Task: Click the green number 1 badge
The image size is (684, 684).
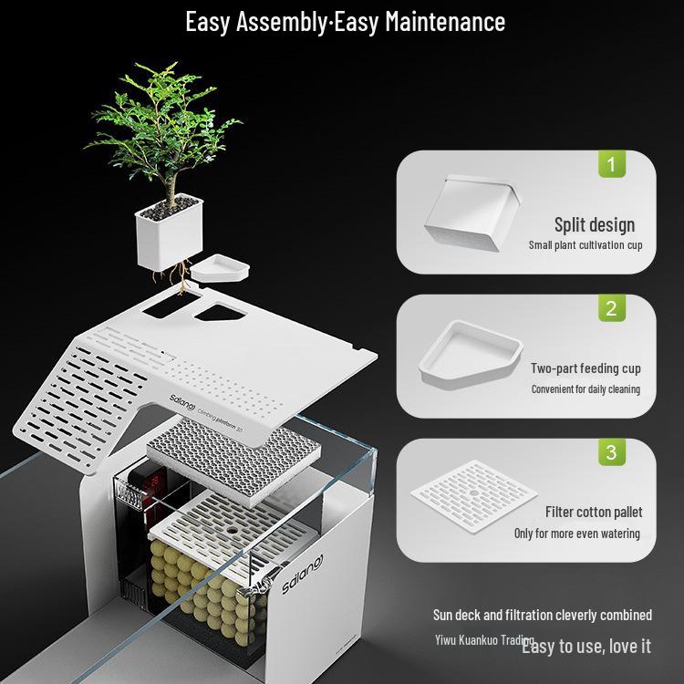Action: coord(611,165)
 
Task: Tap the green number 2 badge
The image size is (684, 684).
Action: coord(611,308)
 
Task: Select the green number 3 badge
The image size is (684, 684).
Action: coord(611,452)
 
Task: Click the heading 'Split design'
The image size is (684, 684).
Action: coord(594,224)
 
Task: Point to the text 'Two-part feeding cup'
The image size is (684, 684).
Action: coord(586,368)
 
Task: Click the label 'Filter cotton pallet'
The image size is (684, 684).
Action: coord(594,512)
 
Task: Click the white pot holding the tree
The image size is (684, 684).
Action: coord(168,233)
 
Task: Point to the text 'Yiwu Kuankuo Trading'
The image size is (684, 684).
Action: coord(482,640)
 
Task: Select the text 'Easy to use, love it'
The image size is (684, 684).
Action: coord(586,647)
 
